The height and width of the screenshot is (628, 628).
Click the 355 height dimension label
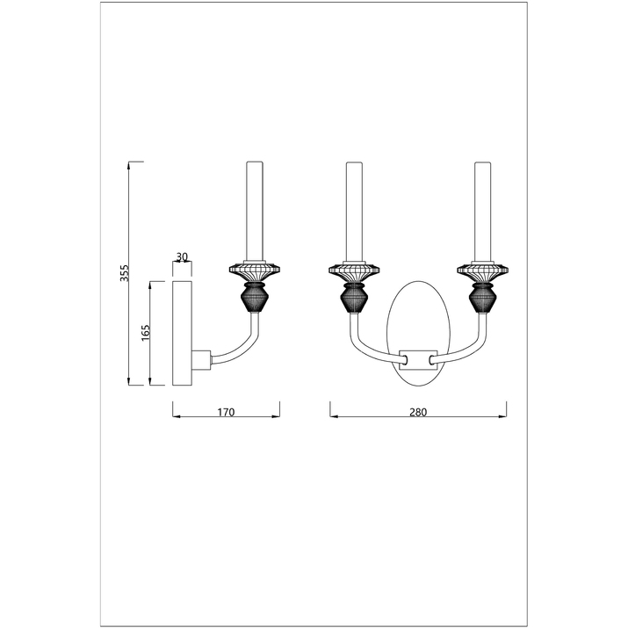pyautogui.click(x=125, y=273)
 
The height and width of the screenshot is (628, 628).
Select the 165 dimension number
pyautogui.click(x=146, y=333)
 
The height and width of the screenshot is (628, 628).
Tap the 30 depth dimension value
pyautogui.click(x=182, y=256)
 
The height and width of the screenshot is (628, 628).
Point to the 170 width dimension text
pyautogui.click(x=226, y=412)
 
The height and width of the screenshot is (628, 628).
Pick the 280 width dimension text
pyautogui.click(x=418, y=412)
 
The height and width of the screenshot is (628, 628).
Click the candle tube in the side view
pyautogui.click(x=255, y=212)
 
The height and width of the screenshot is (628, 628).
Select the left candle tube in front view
pyautogui.click(x=354, y=212)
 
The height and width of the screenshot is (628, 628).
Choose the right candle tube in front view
pyautogui.click(x=482, y=212)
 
